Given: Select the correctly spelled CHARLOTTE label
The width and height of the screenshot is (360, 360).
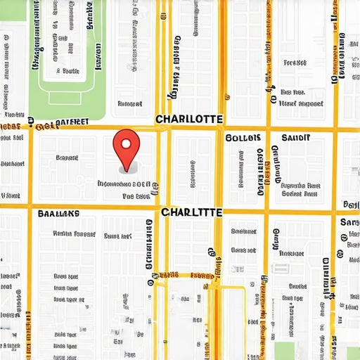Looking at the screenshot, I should (189, 119).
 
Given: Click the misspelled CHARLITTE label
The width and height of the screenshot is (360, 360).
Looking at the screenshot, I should (192, 212).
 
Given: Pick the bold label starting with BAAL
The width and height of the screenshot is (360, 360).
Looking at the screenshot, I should (59, 213).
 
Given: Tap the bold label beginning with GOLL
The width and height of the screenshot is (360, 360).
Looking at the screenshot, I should (244, 138).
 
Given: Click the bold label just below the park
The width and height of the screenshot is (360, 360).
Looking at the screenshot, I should (61, 123).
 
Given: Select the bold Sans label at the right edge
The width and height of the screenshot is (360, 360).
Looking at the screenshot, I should (349, 222).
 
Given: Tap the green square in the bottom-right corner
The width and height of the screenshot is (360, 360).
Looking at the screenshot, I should (352, 353).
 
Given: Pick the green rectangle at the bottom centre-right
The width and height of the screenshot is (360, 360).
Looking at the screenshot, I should (283, 350).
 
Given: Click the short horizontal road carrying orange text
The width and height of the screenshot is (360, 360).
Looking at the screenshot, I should (184, 276).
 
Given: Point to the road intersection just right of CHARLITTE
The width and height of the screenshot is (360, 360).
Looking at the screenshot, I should (220, 210).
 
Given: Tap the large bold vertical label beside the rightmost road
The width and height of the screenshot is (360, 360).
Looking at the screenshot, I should (326, 278).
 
